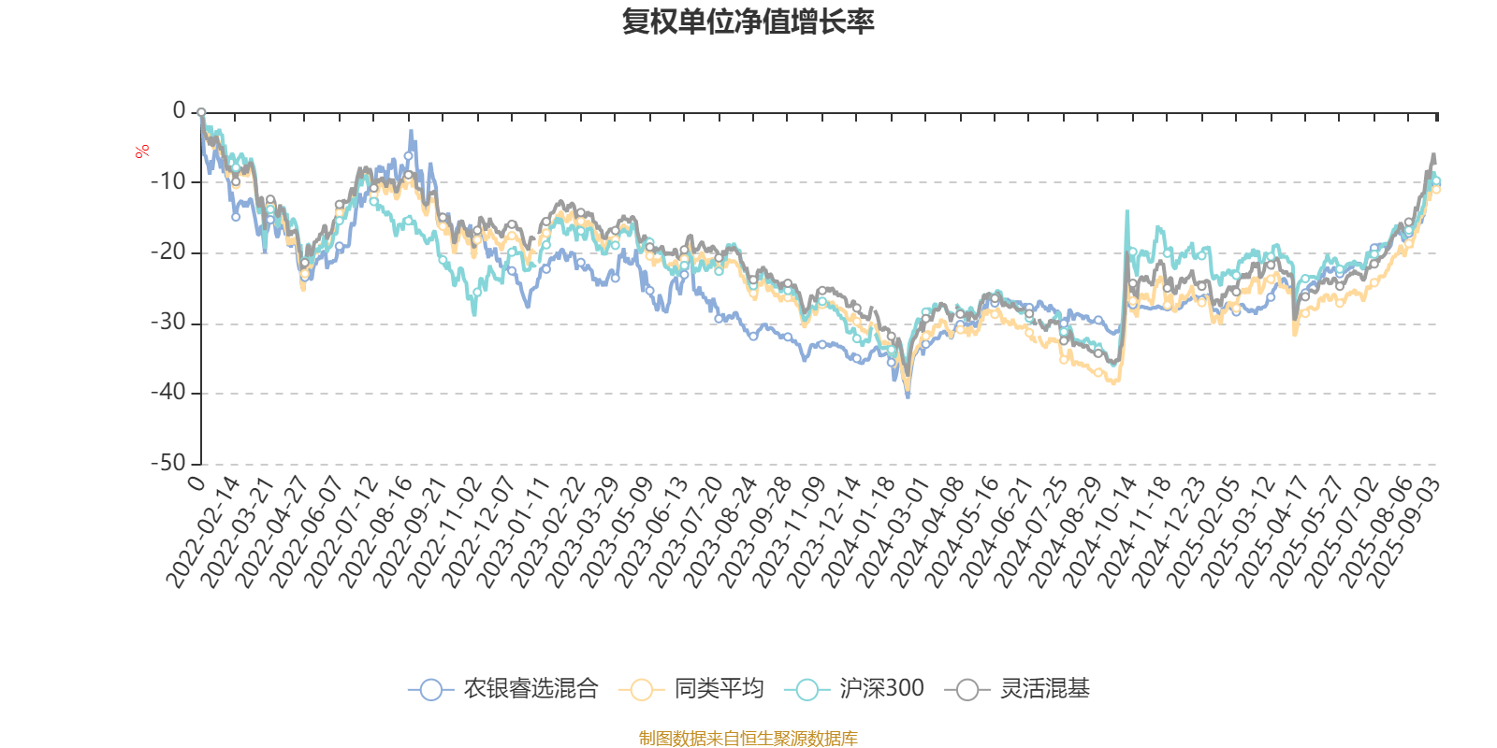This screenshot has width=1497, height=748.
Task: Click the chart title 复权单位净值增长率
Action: (748, 22)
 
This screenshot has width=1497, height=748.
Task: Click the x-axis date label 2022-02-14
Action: (205, 531)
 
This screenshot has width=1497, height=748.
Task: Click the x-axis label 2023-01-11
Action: (516, 531)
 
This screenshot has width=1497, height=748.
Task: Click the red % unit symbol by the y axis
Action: (142, 151)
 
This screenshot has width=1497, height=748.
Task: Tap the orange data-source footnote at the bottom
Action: (748, 739)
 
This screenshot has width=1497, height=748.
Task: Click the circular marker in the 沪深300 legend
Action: (807, 690)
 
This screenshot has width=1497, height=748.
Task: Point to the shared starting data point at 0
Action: (201, 112)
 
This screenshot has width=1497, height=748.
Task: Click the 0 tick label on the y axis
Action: (179, 110)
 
